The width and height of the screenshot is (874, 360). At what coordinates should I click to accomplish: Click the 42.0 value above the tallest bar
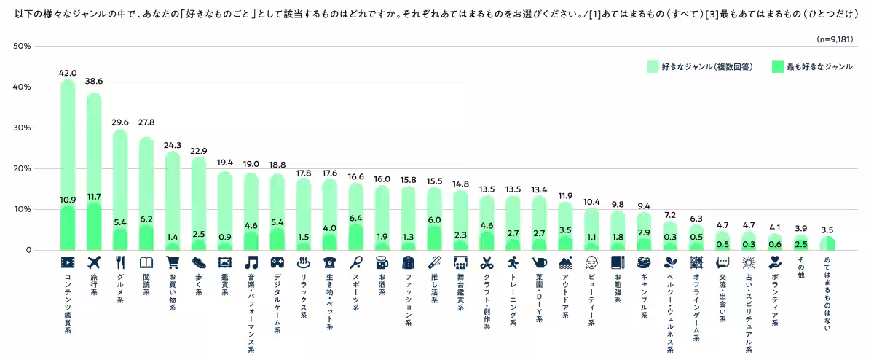(68, 73)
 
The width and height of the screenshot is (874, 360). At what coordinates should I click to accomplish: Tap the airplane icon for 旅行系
(94, 262)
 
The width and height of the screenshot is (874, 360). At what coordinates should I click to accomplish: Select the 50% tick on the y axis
(21, 47)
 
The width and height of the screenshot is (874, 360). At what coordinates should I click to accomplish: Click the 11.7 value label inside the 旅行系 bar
(94, 197)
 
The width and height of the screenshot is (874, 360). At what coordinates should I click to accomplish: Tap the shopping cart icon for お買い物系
(173, 262)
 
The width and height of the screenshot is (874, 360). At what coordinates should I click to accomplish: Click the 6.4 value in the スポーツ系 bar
(356, 218)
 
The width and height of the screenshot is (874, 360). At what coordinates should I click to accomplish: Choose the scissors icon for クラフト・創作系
(487, 262)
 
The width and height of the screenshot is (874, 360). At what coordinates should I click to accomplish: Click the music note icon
(251, 262)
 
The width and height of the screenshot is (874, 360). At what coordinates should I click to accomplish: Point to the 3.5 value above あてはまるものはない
(827, 230)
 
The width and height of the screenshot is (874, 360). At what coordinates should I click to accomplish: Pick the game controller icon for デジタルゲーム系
(277, 262)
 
